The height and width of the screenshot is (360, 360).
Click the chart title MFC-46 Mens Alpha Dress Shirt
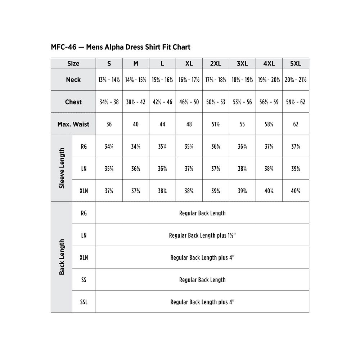121,47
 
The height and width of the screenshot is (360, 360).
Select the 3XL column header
242,63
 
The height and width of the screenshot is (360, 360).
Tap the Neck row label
73,80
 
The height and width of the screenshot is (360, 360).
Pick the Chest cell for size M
135,102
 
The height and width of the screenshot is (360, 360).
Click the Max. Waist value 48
189,124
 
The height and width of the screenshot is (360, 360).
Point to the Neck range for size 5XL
296,80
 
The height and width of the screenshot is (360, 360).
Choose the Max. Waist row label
73,124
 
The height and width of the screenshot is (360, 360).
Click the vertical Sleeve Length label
62,168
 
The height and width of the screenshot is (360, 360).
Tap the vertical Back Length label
62,257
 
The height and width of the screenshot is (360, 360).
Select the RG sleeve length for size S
109,147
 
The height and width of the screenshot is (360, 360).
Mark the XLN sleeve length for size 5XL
296,191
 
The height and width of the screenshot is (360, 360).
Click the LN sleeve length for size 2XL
216,169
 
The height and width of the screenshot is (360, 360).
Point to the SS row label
84,280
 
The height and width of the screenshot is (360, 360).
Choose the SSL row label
84,302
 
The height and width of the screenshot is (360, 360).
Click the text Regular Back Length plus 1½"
202,235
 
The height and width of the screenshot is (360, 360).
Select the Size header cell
73,63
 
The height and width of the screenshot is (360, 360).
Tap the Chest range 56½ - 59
269,102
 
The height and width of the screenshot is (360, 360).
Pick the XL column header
189,63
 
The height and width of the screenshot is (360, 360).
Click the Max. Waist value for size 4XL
269,124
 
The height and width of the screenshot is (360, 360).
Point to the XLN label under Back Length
84,257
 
